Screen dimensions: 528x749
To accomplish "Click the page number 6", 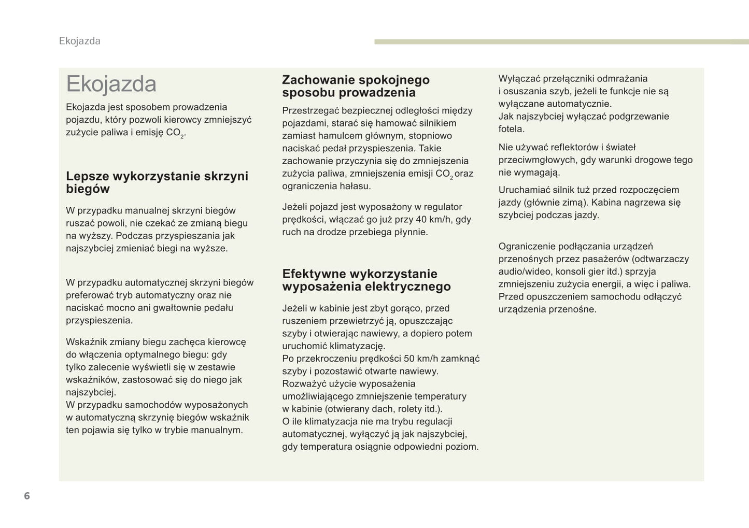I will [27, 496].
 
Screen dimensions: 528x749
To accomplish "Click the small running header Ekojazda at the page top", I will [80, 41].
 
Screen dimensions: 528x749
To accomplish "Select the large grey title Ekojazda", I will [111, 84].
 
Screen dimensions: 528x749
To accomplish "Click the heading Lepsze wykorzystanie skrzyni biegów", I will [157, 182].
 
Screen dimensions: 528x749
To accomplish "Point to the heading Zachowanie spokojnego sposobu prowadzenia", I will [356, 86].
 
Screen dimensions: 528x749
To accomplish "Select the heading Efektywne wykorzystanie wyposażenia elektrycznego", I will [366, 280].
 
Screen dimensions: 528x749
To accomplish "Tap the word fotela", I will [512, 129].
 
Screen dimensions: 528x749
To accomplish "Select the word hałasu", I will [355, 186].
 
